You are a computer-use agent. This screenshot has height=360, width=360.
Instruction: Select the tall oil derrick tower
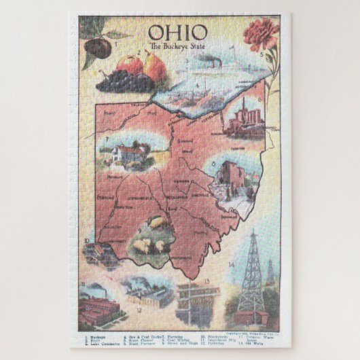pyautogui.click(x=251, y=272)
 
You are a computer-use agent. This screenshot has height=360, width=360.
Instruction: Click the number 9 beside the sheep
pyautogui.click(x=139, y=230)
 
